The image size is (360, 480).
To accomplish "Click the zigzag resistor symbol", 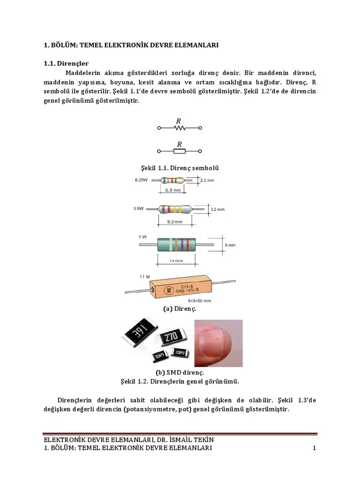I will click(180, 127).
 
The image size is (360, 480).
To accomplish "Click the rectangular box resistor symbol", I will click(180, 151).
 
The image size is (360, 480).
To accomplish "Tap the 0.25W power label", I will click(141, 180).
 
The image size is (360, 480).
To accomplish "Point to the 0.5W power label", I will click(138, 208).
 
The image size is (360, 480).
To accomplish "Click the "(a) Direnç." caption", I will click(180, 309).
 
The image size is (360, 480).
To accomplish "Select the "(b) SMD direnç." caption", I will click(180, 373).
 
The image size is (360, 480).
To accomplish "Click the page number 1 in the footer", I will click(315, 449).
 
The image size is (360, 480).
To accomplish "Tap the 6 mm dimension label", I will click(230, 245).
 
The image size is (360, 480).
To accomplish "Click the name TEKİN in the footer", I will click(204, 440).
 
